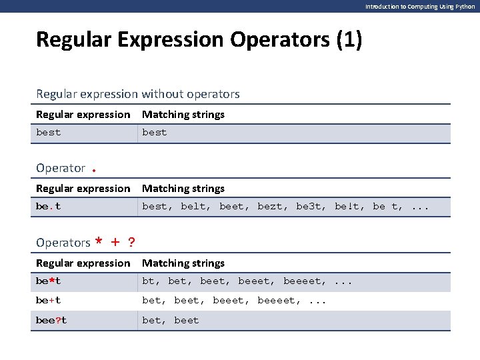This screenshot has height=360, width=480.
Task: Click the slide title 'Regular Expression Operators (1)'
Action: point(199,40)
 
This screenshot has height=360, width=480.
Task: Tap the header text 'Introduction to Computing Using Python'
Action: point(420,6)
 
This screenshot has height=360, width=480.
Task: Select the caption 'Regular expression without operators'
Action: point(138,94)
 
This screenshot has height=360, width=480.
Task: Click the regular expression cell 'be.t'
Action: point(48,207)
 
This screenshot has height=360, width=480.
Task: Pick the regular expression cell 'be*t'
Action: point(48,281)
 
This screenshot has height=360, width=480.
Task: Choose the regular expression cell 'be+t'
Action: point(48,301)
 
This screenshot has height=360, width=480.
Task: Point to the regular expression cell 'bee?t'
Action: point(51,321)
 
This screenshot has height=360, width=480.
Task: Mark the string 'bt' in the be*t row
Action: point(148,281)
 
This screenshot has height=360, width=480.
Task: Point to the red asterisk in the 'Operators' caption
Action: point(99,243)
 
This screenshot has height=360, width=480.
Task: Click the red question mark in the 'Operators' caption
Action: point(131,242)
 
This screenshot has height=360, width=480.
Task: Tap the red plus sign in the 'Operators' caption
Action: point(115,242)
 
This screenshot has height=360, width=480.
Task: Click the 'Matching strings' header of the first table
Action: point(183,115)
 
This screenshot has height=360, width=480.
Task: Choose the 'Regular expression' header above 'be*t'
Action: point(83,263)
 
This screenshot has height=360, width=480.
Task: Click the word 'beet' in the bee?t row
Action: point(187,321)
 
